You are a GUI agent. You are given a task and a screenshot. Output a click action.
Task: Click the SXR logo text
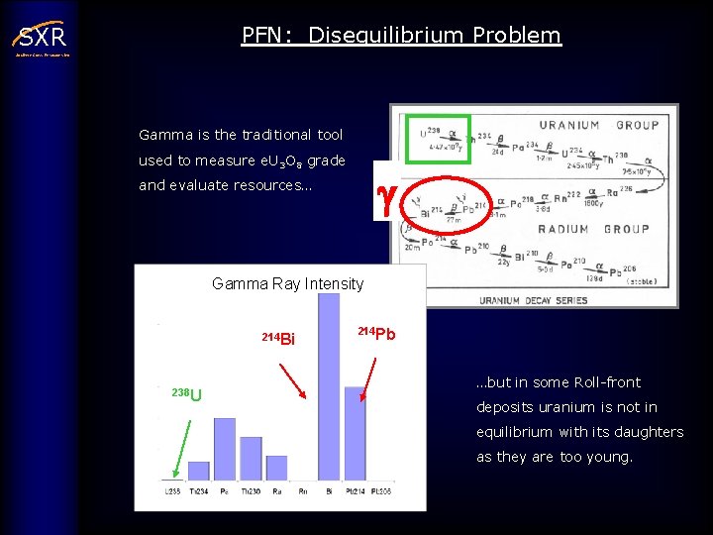point(42,38)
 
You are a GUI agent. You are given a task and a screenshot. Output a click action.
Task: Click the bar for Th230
point(251,459)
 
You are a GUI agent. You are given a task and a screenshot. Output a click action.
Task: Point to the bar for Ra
point(276,468)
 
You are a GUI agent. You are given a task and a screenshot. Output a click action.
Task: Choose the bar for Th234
point(199,471)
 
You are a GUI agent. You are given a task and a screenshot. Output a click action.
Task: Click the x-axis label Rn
point(302,491)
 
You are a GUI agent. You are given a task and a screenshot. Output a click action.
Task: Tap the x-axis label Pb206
point(380,491)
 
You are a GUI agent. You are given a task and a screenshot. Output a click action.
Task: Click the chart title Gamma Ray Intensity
point(287,284)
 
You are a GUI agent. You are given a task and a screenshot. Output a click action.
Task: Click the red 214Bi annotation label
point(278,339)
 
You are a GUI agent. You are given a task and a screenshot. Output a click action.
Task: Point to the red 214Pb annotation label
point(376,334)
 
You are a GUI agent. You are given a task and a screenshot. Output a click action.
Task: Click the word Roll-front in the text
point(599,382)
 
